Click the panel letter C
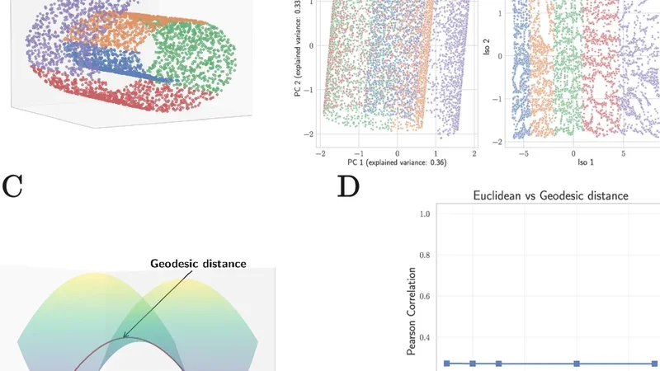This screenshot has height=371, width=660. click(x=13, y=186)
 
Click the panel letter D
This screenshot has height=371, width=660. click(x=349, y=186)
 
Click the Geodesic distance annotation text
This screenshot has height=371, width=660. click(x=198, y=264)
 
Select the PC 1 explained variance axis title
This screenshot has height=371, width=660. click(x=398, y=163)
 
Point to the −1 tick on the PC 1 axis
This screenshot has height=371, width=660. click(x=359, y=153)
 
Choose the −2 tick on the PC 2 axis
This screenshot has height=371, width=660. click(x=309, y=134)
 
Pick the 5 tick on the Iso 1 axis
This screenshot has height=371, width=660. click(x=625, y=153)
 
